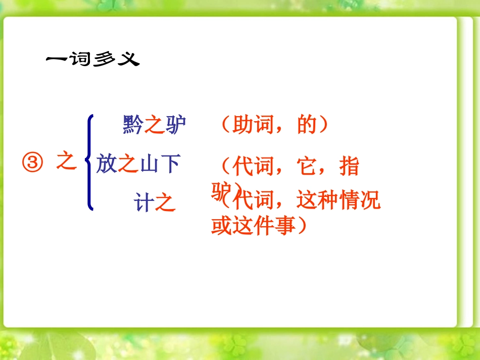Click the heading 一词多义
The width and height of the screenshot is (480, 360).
point(92,60)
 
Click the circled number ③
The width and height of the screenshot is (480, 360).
point(32,163)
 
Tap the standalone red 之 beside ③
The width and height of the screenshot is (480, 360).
point(66,162)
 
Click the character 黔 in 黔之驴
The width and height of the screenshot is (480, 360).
point(133,125)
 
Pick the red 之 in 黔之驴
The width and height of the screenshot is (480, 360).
point(154,125)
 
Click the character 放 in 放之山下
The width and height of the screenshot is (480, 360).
point(107,164)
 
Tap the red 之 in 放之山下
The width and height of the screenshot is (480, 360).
point(128,164)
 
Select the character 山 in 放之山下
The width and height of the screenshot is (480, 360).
point(149,164)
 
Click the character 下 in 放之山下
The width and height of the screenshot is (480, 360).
point(170,164)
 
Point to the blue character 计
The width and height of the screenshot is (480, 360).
point(143,203)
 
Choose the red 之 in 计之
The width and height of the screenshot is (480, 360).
point(165,203)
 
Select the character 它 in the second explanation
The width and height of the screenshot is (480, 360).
point(307,166)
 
